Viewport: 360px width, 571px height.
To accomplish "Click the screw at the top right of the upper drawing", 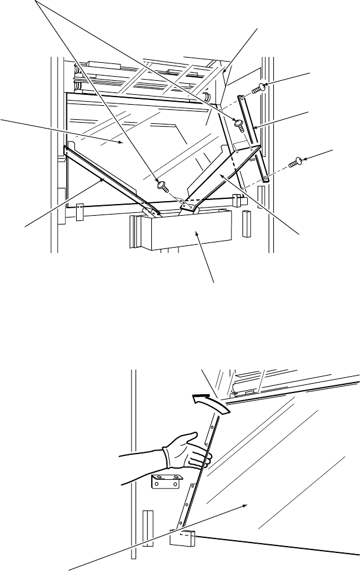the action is coord(261,88).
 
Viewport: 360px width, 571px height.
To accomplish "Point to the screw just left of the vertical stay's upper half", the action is coord(238,123).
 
